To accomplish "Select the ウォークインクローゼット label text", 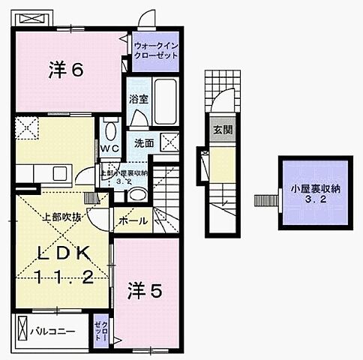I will coord(156,50).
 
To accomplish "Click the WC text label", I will coord(109,148).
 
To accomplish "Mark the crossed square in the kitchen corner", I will coord(27,129).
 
